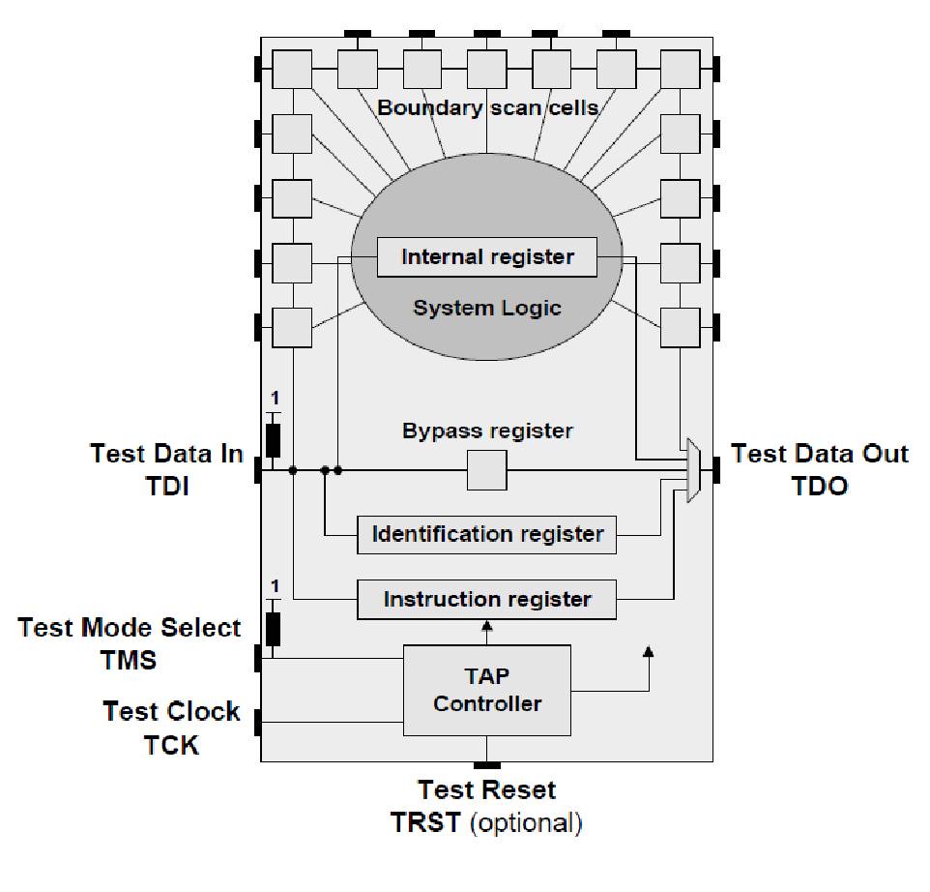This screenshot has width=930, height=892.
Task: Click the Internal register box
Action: click(486, 257)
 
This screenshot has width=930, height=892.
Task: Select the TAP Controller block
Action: click(486, 691)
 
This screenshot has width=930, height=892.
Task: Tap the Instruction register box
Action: click(486, 600)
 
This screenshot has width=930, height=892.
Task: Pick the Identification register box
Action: click(486, 534)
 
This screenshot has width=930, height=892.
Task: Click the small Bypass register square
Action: click(486, 471)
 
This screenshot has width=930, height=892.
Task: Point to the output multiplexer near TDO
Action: click(693, 470)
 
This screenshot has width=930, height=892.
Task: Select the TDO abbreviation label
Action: click(818, 487)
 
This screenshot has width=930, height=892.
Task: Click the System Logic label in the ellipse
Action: click(486, 309)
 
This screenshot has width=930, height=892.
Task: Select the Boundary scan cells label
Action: click(486, 107)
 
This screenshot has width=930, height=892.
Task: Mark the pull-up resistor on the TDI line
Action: click(273, 440)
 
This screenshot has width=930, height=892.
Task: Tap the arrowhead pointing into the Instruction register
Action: click(486, 627)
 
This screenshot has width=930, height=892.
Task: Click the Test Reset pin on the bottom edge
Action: click(487, 765)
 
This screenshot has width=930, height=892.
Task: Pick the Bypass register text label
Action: click(486, 430)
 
